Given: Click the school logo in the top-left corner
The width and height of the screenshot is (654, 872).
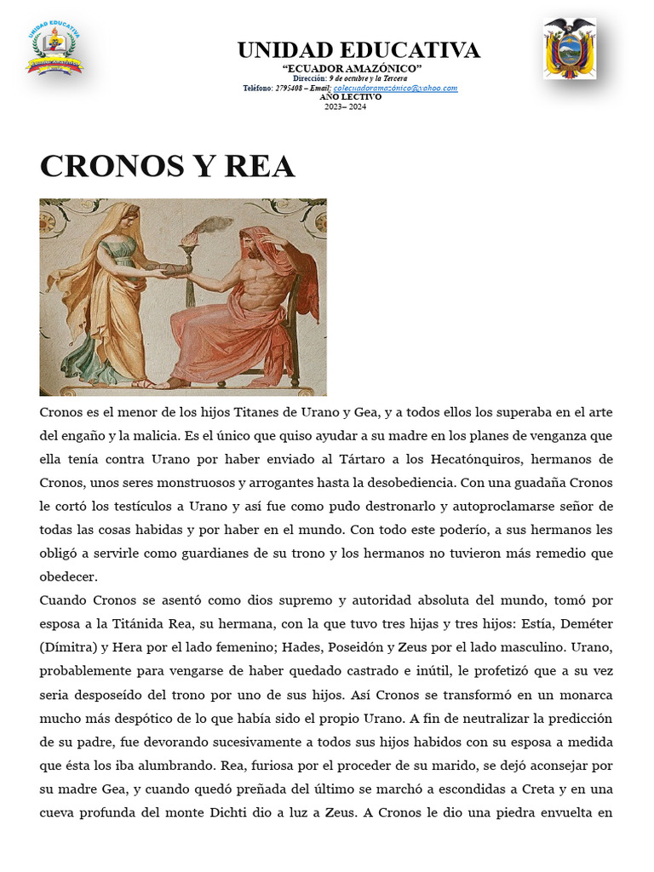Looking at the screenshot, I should (54, 50).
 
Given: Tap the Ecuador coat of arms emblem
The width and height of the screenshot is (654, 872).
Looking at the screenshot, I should (570, 49).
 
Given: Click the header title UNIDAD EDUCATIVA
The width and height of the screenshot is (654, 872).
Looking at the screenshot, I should (359, 50).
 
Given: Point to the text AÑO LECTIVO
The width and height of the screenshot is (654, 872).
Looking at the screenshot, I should (350, 97).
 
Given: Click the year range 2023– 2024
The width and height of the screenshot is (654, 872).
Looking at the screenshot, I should (345, 106).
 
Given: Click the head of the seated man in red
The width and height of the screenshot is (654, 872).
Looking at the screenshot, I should (253, 243).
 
